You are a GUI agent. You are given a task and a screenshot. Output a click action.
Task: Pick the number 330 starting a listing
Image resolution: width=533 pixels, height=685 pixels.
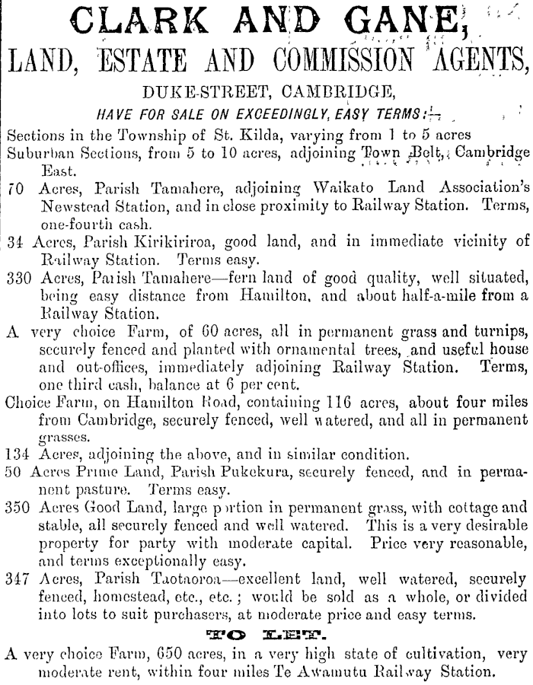click(x=18, y=297)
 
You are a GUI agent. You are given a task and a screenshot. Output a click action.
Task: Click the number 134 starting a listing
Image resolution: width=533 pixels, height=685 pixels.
click(x=18, y=456)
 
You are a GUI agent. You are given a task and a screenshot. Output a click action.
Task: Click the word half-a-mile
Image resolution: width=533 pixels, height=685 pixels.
click(x=422, y=314)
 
